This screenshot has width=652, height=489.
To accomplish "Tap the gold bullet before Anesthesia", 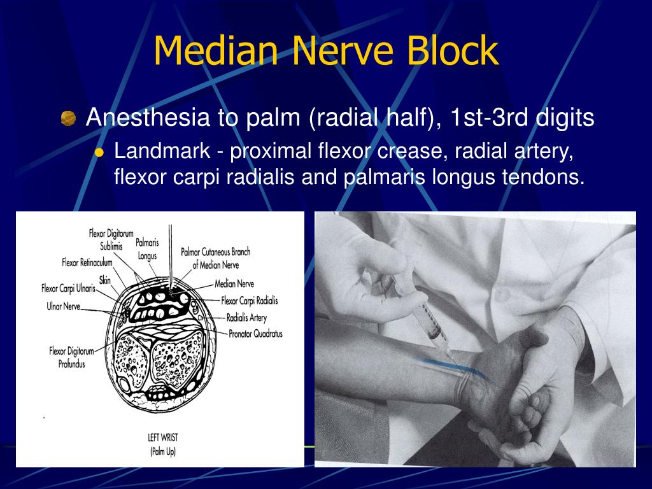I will (x=68, y=118).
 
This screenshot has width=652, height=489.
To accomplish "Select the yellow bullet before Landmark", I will (x=99, y=152).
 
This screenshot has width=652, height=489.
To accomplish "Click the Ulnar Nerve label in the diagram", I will (x=64, y=306).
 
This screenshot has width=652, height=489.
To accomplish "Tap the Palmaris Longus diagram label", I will (x=147, y=249).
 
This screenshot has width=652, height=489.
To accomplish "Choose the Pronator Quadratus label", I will (x=255, y=333).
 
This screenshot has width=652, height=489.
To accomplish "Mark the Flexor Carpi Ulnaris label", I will (x=68, y=288).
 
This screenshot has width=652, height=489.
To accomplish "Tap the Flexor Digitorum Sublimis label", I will (x=111, y=239).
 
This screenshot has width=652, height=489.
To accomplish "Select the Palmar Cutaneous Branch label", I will (x=215, y=258).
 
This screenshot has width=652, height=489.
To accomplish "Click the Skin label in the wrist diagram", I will (x=105, y=278).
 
